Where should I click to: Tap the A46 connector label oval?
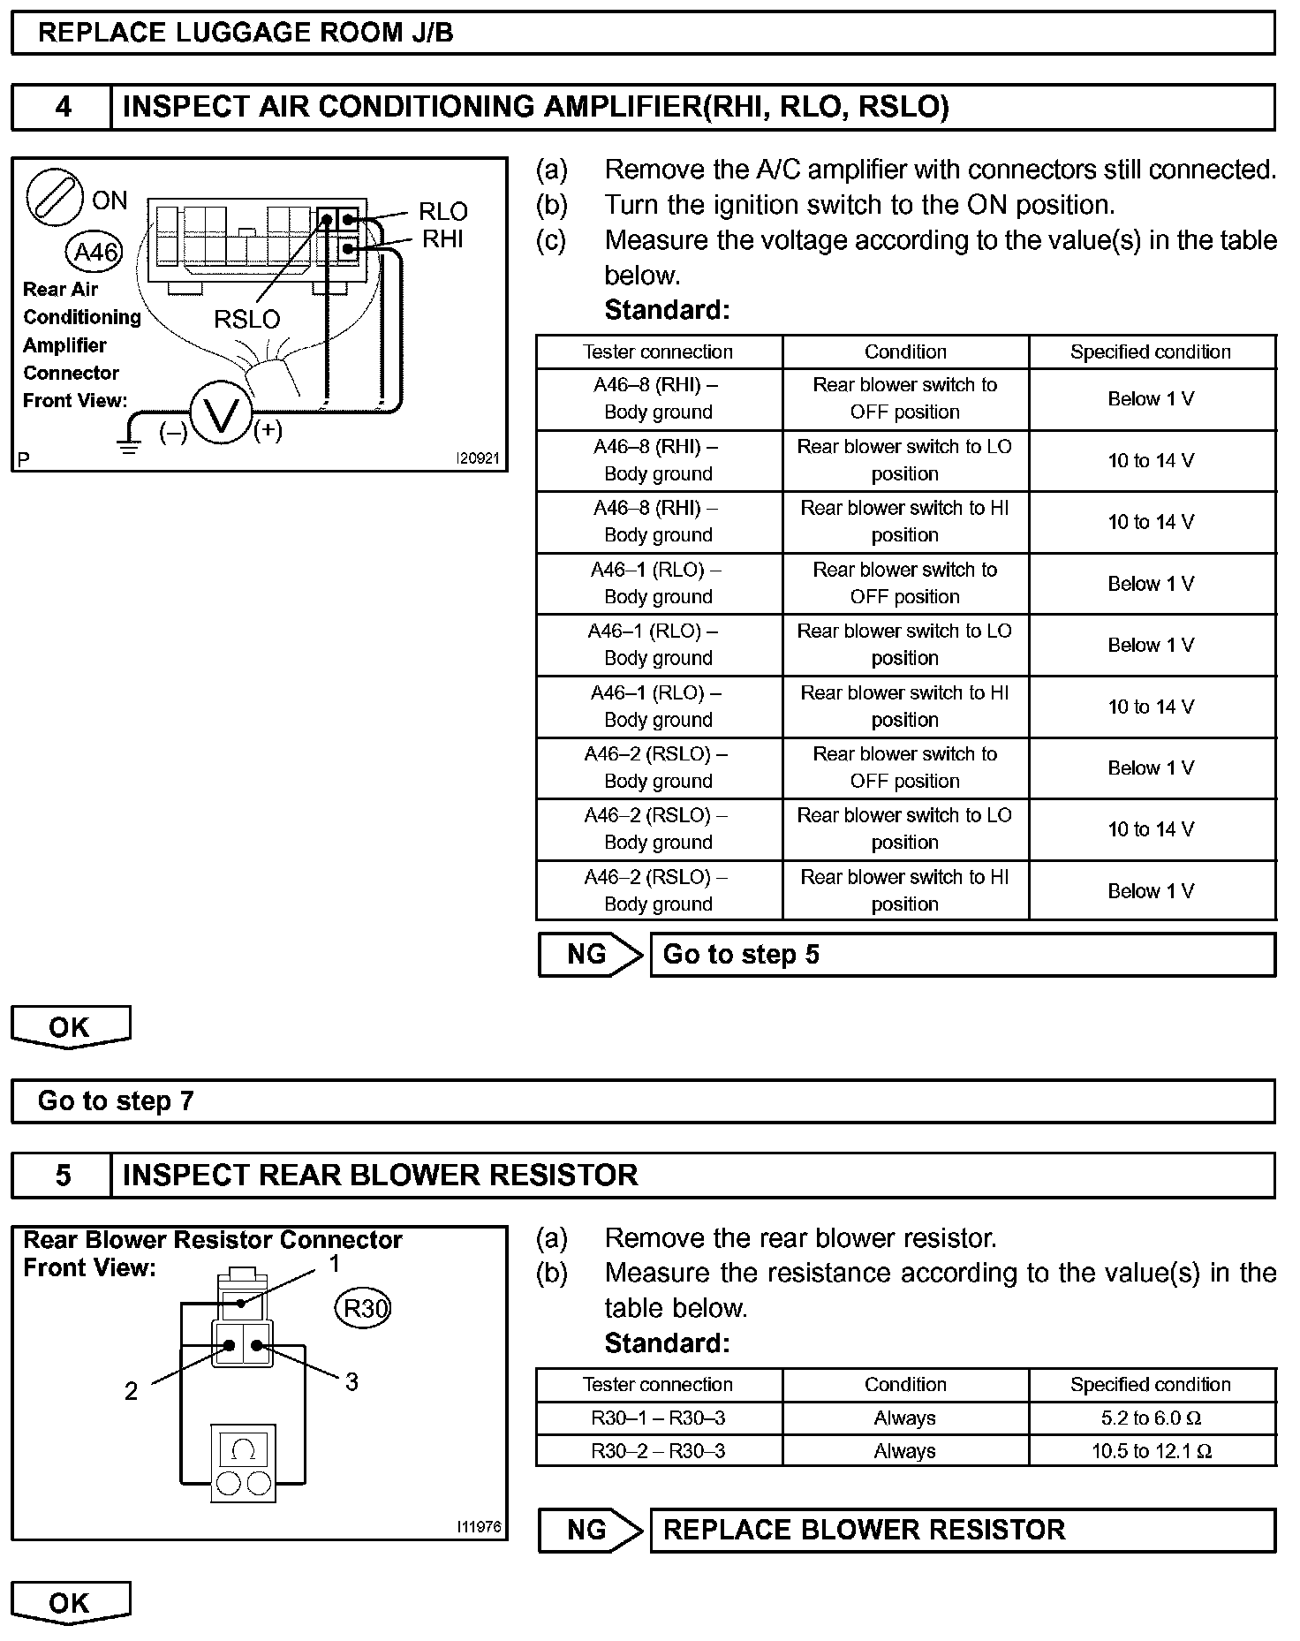click(x=94, y=253)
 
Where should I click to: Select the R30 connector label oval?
click(x=363, y=1307)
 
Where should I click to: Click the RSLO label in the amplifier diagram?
click(x=246, y=319)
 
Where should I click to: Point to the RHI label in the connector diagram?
click(x=442, y=239)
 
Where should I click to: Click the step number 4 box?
click(x=62, y=108)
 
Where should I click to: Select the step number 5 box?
click(x=62, y=1176)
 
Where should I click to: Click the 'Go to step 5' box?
click(x=963, y=955)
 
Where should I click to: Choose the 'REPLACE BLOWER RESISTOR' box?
click(x=963, y=1530)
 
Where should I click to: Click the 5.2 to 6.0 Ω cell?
click(x=1152, y=1418)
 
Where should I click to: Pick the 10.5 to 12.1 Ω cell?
click(x=1152, y=1451)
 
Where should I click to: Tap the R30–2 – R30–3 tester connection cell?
click(x=659, y=1451)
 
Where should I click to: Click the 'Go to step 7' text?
click(x=116, y=1101)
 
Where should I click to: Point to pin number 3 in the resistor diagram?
click(x=351, y=1382)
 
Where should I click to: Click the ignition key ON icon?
click(x=55, y=197)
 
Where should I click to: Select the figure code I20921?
click(x=477, y=459)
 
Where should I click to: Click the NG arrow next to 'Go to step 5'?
click(x=590, y=955)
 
